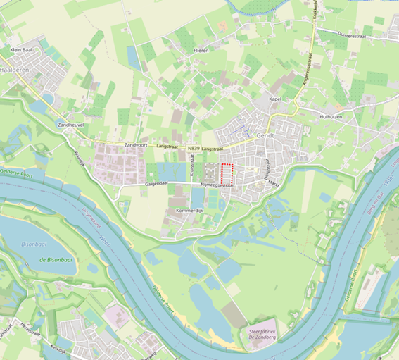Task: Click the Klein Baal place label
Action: [22, 50]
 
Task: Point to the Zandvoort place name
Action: [138, 144]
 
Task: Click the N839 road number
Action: [194, 149]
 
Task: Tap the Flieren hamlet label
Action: [201, 51]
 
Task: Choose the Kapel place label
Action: [276, 99]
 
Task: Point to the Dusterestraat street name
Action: [353, 33]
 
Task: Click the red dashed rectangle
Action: [227, 174]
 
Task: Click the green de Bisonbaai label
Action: [57, 260]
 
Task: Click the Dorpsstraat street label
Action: [268, 169]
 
